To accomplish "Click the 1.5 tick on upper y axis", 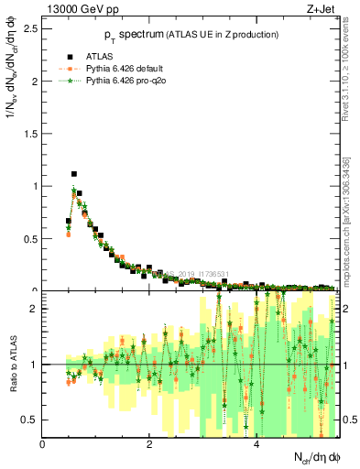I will tap(32, 134).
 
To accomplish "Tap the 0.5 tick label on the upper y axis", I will tap(32, 239).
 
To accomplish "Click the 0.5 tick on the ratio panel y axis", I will tap(32, 420).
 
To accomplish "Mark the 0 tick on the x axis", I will tap(43, 444).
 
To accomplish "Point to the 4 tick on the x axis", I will tap(256, 444).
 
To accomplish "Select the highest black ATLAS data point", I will tap(74, 174).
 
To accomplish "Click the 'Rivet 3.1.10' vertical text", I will tap(348, 82).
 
